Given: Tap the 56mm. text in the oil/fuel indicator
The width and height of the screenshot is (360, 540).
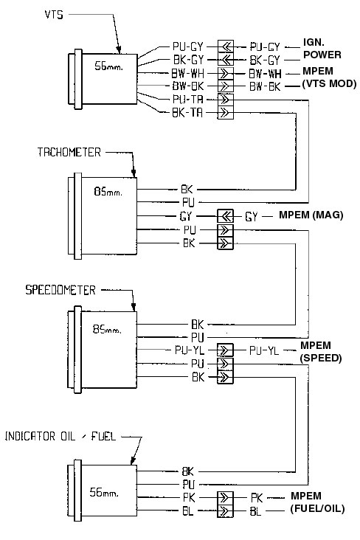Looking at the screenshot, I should tap(103, 490).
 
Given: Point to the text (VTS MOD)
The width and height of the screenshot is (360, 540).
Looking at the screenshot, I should tap(329, 86).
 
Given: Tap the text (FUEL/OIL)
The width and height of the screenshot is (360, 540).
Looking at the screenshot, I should tap(317, 509).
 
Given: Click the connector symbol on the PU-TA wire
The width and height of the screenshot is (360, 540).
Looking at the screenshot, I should tap(224, 99).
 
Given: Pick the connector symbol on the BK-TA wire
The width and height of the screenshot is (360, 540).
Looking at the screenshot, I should tap(224, 113).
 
